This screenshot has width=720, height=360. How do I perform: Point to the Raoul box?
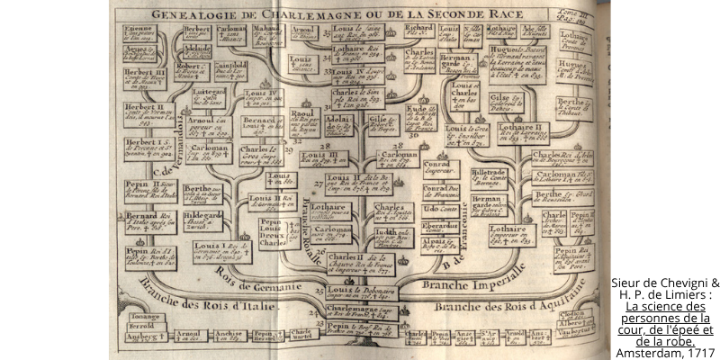pos(305,120)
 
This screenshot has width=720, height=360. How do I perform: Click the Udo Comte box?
pos(440,209)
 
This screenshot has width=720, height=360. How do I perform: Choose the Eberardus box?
pos(440,228)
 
